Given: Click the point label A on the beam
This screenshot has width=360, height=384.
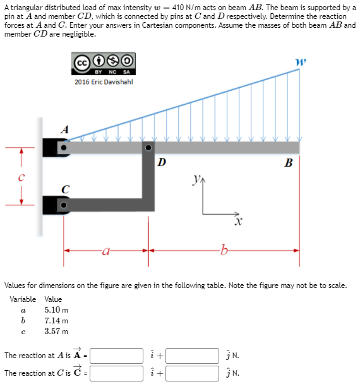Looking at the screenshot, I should pyautogui.click(x=64, y=129).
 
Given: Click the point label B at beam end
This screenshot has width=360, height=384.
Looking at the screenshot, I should pyautogui.click(x=289, y=164).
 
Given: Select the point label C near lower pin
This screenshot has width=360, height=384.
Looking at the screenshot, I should pyautogui.click(x=64, y=188).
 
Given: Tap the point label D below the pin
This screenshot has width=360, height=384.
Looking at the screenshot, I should pyautogui.click(x=162, y=162).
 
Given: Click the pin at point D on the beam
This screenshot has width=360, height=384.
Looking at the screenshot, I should pyautogui.click(x=148, y=147).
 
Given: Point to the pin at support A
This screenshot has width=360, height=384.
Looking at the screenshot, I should pyautogui.click(x=63, y=147).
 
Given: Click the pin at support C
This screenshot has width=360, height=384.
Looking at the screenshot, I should pyautogui.click(x=63, y=205).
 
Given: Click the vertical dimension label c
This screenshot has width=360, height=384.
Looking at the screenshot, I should pyautogui.click(x=21, y=177).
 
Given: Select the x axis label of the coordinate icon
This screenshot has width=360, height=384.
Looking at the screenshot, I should pyautogui.click(x=237, y=222).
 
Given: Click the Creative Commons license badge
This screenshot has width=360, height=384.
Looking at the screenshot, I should pyautogui.click(x=105, y=64).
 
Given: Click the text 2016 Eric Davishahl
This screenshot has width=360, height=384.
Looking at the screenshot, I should pyautogui.click(x=105, y=81).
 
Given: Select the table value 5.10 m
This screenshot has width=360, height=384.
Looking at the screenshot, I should pyautogui.click(x=56, y=310).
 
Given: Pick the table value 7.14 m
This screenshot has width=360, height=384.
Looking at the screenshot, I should pyautogui.click(x=56, y=321).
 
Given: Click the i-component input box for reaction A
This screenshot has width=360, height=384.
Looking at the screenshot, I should pyautogui.click(x=118, y=356).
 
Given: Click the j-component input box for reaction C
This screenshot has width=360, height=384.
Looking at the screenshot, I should pyautogui.click(x=193, y=373).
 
